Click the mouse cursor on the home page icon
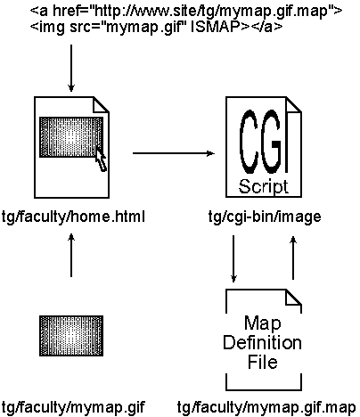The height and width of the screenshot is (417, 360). [101, 160]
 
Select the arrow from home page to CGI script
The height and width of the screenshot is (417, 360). [174, 153]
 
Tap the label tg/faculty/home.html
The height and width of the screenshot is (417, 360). [73, 217]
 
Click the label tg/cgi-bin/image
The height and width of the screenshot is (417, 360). [265, 217]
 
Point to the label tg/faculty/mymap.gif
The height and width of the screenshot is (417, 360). [73, 407]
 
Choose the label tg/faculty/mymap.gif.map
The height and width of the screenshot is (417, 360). [266, 407]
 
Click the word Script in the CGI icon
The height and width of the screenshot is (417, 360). [263, 186]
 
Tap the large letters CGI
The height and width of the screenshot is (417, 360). [261, 142]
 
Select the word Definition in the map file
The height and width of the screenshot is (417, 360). [262, 342]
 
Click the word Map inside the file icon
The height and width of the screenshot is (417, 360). [263, 323]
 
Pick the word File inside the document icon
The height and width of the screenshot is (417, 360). [263, 362]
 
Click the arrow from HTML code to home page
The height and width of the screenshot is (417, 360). [71, 69]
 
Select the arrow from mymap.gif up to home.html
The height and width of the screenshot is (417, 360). [71, 255]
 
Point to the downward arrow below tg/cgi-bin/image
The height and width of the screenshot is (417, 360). [233, 258]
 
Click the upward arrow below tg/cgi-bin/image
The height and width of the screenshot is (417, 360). [293, 258]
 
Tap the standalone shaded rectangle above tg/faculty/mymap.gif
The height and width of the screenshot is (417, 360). [71, 336]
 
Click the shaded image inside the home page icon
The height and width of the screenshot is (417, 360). [71, 137]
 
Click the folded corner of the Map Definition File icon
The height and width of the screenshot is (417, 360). [293, 298]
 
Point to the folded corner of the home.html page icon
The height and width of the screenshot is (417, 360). [102, 104]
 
